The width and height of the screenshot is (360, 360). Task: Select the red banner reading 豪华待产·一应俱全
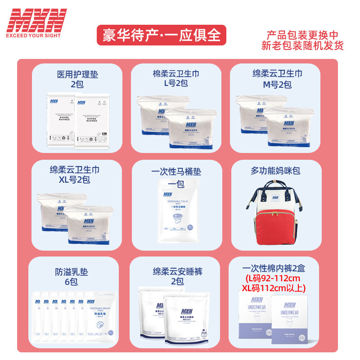click(x=162, y=35)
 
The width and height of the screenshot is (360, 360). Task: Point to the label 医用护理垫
click(x=77, y=75)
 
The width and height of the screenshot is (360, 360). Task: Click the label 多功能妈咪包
click(x=275, y=171)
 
